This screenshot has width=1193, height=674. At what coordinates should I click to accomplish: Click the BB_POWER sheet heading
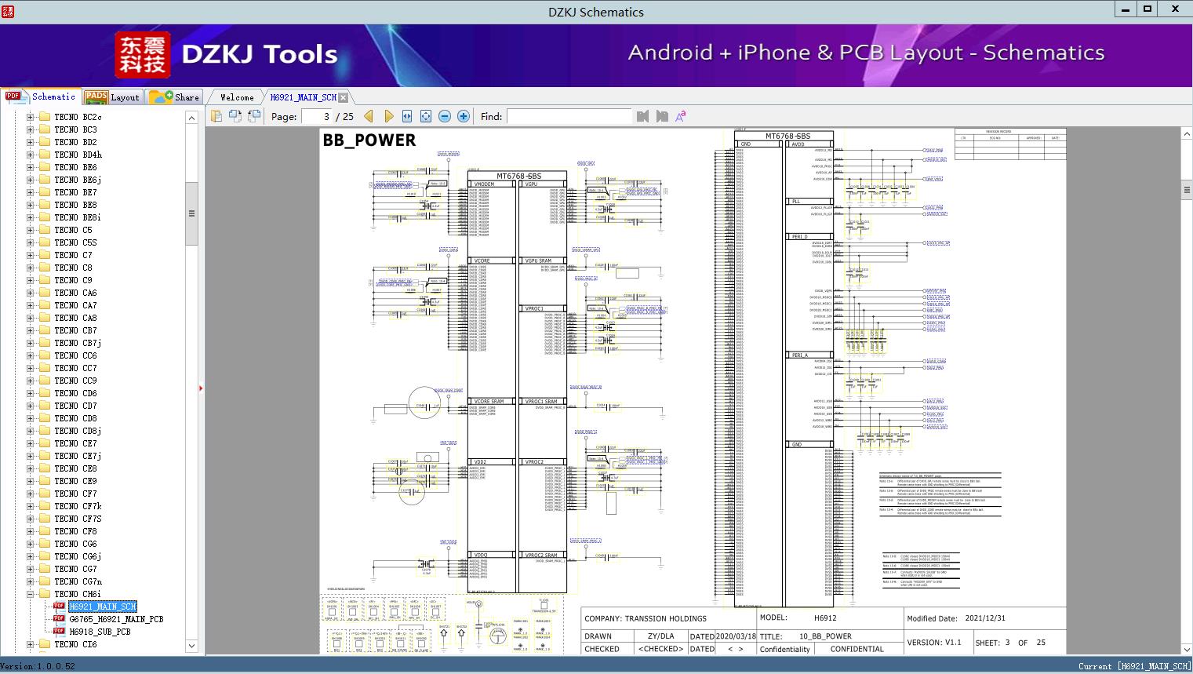tap(369, 140)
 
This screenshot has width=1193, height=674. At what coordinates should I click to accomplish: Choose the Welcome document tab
tap(237, 97)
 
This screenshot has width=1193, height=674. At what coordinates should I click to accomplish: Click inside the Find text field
tap(569, 116)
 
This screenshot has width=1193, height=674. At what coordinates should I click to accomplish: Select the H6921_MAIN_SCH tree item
tap(103, 607)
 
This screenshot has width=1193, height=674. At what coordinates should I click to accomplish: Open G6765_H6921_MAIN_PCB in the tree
tap(116, 619)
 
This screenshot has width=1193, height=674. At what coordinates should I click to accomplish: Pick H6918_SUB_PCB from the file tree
tap(100, 632)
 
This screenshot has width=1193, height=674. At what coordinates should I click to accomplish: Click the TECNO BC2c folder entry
tap(78, 117)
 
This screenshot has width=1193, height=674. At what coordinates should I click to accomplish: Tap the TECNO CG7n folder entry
tap(78, 581)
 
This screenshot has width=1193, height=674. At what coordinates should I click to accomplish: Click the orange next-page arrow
tap(388, 116)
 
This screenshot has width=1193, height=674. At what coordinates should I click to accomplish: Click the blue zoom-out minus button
tap(445, 116)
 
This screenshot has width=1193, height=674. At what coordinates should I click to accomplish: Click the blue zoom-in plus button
tap(464, 116)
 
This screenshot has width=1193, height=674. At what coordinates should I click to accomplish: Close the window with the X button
tap(1175, 9)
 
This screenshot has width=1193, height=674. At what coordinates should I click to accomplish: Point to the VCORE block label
tap(482, 260)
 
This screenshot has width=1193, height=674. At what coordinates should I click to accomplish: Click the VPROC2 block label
tap(535, 462)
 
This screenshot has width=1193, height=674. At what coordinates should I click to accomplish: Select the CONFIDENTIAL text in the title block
tap(857, 649)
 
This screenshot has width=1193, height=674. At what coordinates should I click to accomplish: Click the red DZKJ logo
tap(143, 54)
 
